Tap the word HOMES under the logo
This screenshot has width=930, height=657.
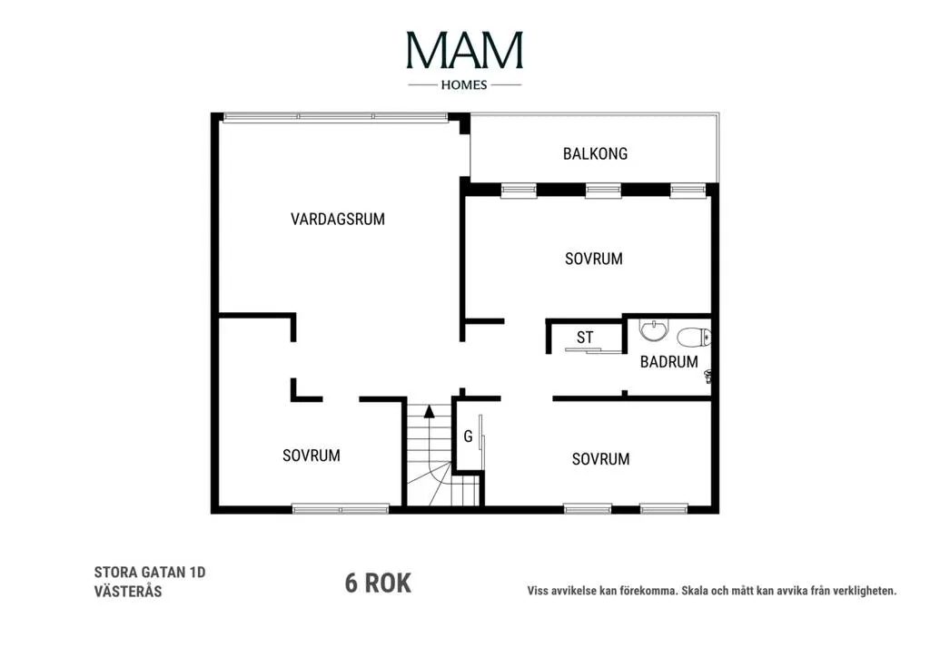(x=464, y=85)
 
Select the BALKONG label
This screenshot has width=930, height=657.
(x=595, y=154)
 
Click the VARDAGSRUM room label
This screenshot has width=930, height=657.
(x=338, y=220)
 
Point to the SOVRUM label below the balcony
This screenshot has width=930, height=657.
(x=594, y=259)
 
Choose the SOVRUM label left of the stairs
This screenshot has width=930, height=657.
(x=312, y=456)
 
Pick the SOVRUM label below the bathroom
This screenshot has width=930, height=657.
(x=601, y=459)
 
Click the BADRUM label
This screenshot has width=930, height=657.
(x=669, y=362)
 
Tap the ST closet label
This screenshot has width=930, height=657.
(x=585, y=338)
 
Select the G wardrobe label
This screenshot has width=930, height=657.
(x=468, y=436)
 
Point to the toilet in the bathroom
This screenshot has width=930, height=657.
(x=693, y=338)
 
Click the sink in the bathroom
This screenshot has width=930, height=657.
(x=654, y=330)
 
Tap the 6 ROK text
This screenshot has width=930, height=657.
(x=378, y=583)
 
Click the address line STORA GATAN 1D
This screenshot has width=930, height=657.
(x=150, y=573)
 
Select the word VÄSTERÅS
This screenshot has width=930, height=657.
(x=127, y=591)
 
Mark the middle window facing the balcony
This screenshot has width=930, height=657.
(x=603, y=191)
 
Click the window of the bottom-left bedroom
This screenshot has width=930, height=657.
(x=341, y=508)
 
